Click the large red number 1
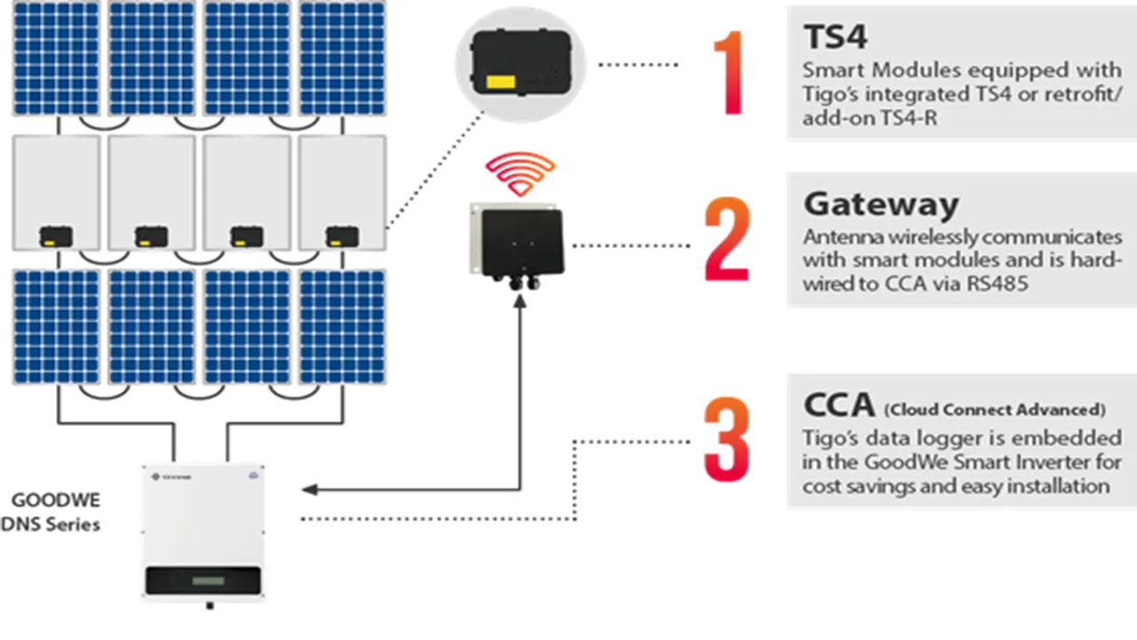731,74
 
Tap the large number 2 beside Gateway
728,240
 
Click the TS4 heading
834,37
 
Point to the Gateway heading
880,204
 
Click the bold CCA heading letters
839,404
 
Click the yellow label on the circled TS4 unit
501,82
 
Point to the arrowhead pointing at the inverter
310,489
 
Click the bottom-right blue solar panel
342,327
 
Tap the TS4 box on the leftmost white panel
56,236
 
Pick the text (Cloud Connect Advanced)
994,409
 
